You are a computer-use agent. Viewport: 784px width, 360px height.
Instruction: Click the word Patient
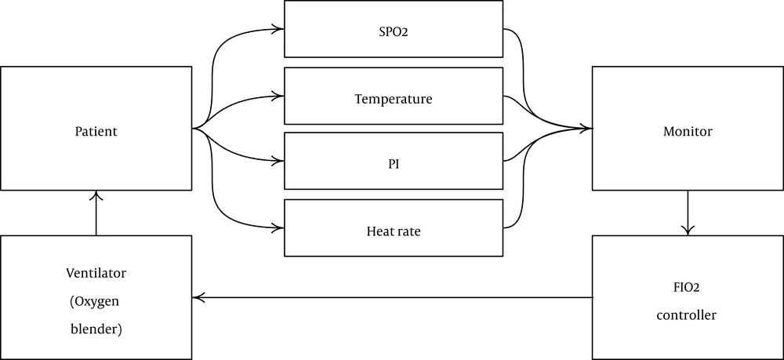96,131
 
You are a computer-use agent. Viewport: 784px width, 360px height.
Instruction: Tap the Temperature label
394,100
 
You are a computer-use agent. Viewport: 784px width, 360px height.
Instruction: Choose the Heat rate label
394,232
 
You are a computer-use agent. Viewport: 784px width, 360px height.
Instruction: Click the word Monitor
688,131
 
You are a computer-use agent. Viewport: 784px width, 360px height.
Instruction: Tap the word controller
688,315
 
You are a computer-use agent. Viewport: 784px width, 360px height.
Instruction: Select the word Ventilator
96,274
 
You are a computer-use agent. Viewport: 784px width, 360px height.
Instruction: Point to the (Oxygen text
96,301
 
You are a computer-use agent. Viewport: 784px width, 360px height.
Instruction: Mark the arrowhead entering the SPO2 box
279,28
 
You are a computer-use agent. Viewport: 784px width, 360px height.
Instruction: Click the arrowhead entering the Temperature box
279,96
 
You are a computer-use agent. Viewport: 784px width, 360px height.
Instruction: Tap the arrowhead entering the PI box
279,162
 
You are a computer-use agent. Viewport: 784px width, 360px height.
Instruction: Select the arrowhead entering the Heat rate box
279,227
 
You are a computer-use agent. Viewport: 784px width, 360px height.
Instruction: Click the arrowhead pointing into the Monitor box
587,128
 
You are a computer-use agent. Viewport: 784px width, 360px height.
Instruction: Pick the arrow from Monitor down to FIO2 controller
688,213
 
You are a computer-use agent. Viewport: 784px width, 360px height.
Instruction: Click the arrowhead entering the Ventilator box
198,297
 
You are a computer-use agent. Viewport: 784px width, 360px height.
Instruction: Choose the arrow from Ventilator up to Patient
96,213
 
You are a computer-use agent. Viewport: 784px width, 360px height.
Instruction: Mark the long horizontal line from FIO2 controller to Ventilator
392,297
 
